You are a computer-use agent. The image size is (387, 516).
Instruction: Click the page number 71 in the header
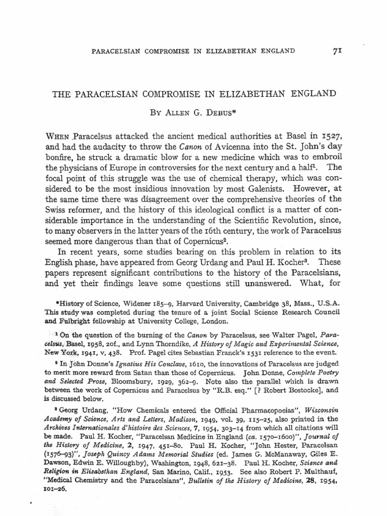[x=338, y=51]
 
